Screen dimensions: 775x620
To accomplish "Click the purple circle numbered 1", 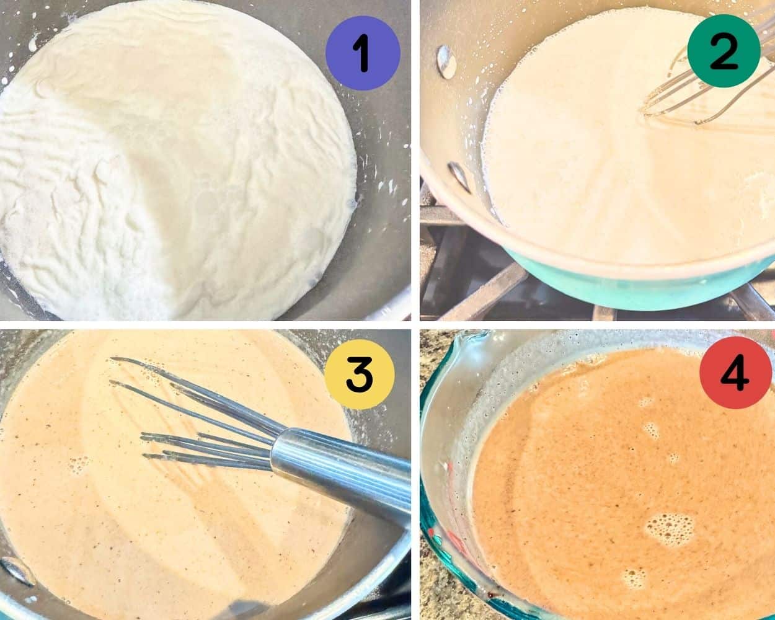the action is (x=363, y=53).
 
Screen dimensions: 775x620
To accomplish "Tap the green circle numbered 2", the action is (x=724, y=51).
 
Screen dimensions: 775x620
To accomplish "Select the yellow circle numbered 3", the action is (x=360, y=374).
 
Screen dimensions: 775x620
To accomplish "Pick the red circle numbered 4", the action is (x=735, y=373).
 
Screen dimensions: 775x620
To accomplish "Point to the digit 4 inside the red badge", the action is (x=735, y=373).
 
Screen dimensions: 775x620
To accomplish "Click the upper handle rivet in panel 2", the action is (x=446, y=62).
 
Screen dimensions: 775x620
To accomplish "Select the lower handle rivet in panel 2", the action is (x=459, y=177).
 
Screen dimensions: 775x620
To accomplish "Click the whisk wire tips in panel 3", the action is (x=126, y=407).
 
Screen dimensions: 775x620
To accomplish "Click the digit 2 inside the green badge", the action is (x=724, y=51).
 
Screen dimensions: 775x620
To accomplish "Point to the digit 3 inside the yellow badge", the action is (x=360, y=374).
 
